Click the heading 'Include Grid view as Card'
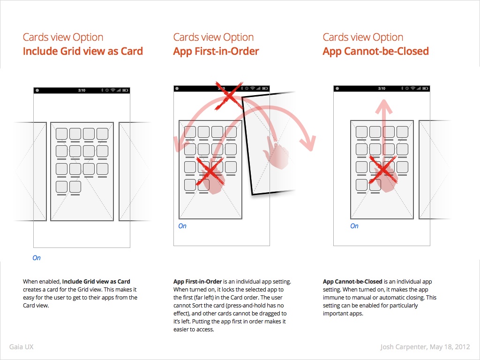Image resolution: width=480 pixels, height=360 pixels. pos(82,51)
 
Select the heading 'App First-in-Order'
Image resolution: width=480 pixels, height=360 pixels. pos(216,51)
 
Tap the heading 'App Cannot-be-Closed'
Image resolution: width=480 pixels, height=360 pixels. pos(375,51)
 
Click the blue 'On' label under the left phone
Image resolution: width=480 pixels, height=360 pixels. pos(37,258)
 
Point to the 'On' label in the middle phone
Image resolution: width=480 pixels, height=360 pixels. pos(182,226)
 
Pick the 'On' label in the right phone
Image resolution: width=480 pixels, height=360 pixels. pos(354,226)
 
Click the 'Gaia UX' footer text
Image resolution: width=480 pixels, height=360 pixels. pos(21,347)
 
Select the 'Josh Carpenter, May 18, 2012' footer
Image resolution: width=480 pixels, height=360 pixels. pos(425,347)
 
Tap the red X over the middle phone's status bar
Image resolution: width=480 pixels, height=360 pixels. pos(228,95)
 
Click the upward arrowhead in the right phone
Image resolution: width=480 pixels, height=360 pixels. pos(384,107)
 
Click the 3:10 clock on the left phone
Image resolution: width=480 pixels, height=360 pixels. pos(82,90)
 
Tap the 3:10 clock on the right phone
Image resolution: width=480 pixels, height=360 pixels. pos(382,89)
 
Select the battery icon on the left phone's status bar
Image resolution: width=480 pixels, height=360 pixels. pos(125,90)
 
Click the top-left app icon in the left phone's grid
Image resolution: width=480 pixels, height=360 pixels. pos(61,134)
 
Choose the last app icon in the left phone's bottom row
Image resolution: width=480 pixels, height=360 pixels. pos(75,187)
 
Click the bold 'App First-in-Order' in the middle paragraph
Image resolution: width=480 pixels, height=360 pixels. pos(197,282)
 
